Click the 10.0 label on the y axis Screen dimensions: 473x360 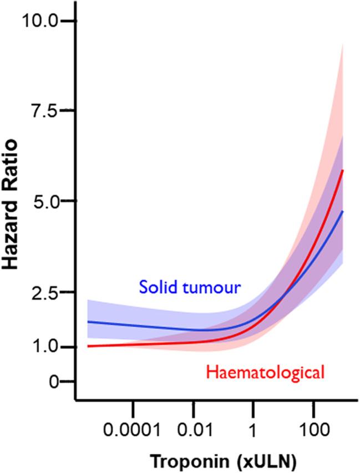click(x=38, y=21)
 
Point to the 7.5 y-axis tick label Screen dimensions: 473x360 click(x=44, y=111)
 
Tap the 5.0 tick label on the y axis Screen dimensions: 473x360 click(x=44, y=201)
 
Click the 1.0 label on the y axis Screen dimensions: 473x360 click(x=44, y=347)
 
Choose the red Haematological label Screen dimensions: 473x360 click(x=265, y=372)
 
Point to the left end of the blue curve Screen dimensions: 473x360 click(x=88, y=321)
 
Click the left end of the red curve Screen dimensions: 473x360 click(x=88, y=346)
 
